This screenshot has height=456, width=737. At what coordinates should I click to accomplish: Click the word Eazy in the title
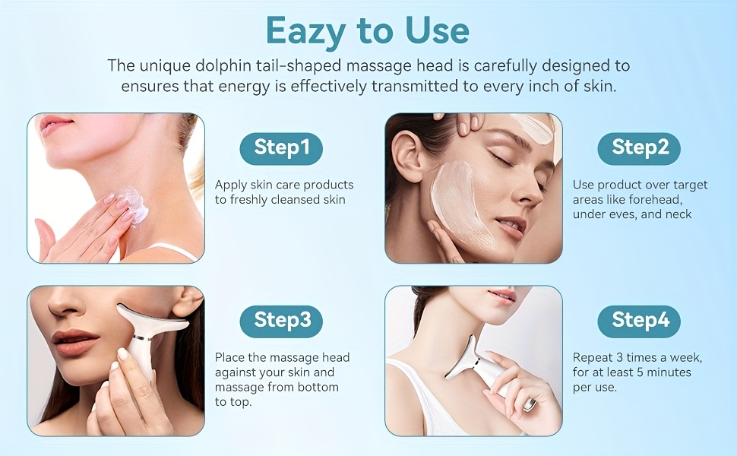tap(305, 32)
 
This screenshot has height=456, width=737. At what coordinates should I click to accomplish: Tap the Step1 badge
tap(281, 148)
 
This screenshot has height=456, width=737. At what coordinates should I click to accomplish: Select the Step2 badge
tap(639, 148)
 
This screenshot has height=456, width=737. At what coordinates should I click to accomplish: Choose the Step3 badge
tap(281, 321)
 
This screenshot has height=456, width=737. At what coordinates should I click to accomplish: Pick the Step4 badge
tap(639, 321)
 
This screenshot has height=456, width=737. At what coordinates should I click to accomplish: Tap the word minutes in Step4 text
tap(668, 373)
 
